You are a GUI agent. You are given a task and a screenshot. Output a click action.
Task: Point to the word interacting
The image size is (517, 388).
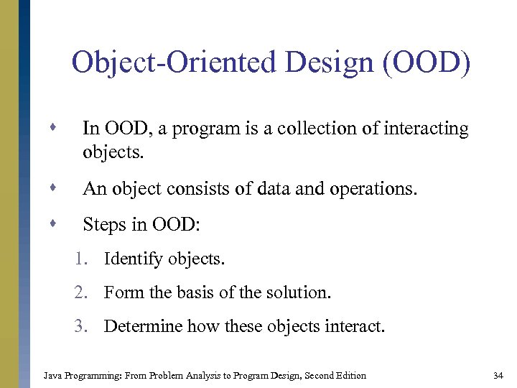click(x=427, y=129)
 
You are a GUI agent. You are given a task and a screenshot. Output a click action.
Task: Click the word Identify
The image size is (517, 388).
click(x=133, y=259)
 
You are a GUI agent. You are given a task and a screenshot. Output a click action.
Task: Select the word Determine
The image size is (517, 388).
click(x=143, y=327)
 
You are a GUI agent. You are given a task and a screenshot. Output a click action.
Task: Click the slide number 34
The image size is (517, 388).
click(x=498, y=375)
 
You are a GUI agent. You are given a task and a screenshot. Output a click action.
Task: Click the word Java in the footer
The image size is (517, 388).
click(x=52, y=375)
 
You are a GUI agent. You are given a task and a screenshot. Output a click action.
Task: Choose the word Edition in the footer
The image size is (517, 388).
click(x=350, y=375)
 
